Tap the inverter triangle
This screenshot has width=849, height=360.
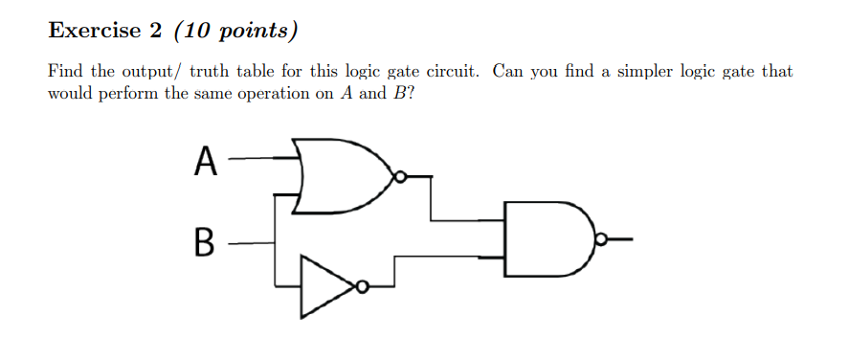(x=325, y=285)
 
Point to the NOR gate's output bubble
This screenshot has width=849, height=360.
(x=402, y=176)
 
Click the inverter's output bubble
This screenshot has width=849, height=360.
(x=362, y=285)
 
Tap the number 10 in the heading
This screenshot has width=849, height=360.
(x=198, y=32)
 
